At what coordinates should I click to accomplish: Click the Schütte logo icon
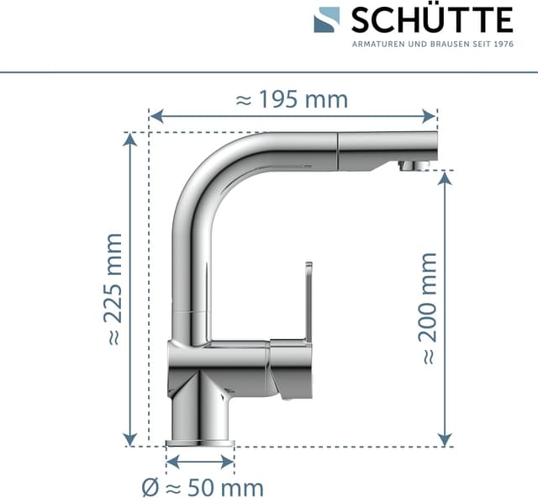(327, 20)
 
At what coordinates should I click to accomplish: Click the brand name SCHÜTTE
(432, 20)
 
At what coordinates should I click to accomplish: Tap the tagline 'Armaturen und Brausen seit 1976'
(433, 45)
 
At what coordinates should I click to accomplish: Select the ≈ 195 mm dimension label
(292, 99)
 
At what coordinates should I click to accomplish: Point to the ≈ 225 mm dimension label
(113, 289)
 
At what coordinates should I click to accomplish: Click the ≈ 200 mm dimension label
(428, 309)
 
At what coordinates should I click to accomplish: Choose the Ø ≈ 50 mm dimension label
(203, 487)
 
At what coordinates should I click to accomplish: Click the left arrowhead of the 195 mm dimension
(156, 116)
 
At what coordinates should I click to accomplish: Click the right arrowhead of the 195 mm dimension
(430, 116)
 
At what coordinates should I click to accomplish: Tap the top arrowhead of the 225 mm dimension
(129, 140)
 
